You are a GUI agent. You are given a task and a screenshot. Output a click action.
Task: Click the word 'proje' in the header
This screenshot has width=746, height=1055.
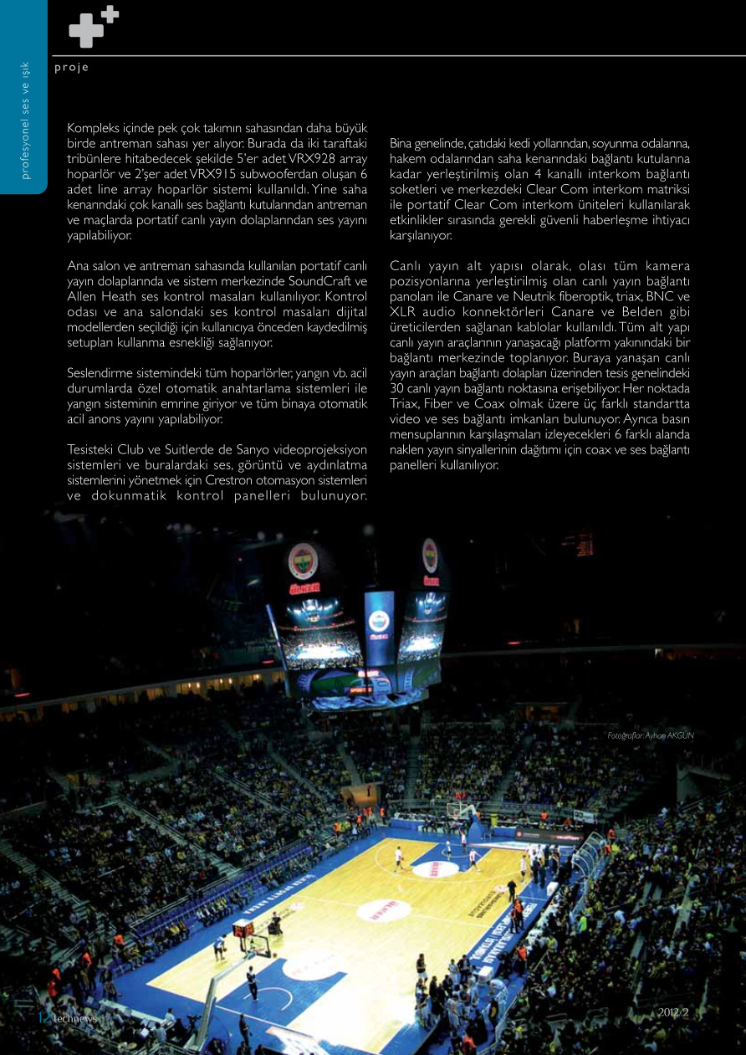click(71, 68)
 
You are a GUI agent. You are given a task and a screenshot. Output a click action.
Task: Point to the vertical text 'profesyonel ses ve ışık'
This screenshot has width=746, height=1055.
click(26, 120)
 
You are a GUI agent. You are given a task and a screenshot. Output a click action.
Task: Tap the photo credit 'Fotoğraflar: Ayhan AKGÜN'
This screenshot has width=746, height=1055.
click(650, 735)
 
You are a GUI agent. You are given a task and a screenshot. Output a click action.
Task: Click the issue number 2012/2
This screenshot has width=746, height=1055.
click(672, 1013)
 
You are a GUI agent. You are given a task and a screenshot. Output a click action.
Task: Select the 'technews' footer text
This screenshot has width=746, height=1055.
click(75, 1017)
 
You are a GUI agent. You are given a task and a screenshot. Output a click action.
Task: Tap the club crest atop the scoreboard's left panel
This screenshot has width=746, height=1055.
click(302, 561)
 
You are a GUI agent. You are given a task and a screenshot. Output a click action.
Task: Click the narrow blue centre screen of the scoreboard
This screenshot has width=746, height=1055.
click(379, 624)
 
